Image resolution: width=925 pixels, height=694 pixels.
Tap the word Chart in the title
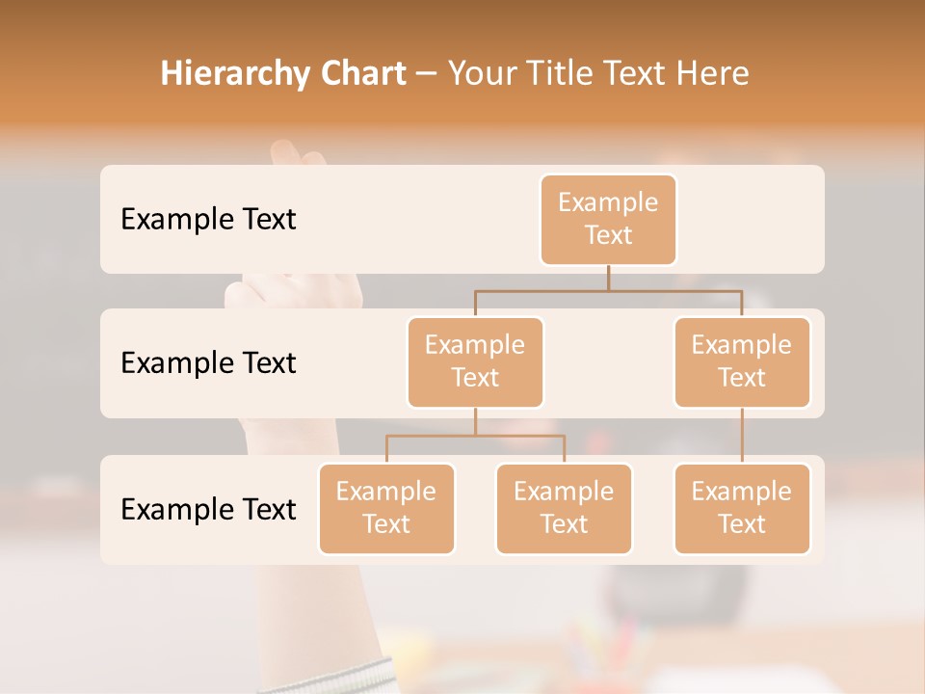(x=358, y=73)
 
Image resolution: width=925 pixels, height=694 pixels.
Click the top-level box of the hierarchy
(x=608, y=220)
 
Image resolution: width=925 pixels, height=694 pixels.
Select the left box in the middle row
(x=475, y=362)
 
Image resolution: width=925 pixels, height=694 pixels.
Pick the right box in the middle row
(x=742, y=362)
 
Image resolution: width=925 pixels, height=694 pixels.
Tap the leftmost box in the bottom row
(x=386, y=509)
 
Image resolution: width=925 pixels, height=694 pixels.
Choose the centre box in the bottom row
(x=564, y=509)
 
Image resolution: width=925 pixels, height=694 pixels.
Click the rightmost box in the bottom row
(x=742, y=509)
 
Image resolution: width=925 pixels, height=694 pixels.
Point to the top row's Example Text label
(x=208, y=220)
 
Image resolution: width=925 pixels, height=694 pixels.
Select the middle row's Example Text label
(x=208, y=363)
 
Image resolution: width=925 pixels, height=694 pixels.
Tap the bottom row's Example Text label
(x=208, y=509)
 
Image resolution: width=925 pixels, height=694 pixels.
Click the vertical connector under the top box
(x=608, y=278)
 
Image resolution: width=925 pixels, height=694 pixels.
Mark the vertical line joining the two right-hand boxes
(x=742, y=436)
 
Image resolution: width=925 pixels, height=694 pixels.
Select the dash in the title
(x=427, y=74)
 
